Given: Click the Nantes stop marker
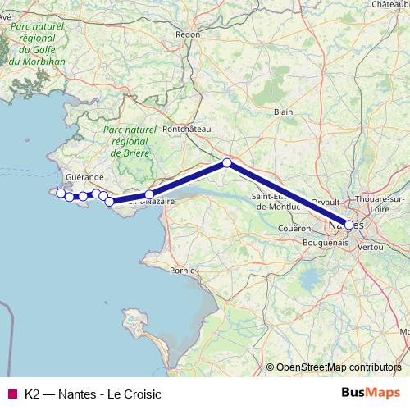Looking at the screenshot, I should click(349, 225).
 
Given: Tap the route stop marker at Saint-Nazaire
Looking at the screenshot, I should click(149, 195).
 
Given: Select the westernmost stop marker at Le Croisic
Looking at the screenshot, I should click(60, 193).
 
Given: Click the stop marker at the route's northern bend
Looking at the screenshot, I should click(227, 162).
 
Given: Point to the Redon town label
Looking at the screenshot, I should click(188, 34).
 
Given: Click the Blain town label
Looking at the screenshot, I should click(284, 112).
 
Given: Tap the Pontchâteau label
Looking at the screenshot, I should click(188, 130).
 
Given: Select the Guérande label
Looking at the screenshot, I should click(85, 177).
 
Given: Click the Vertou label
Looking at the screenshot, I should click(371, 246).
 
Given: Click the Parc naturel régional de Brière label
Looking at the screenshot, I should click(131, 141).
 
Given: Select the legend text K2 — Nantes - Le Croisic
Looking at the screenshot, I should click(93, 394).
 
